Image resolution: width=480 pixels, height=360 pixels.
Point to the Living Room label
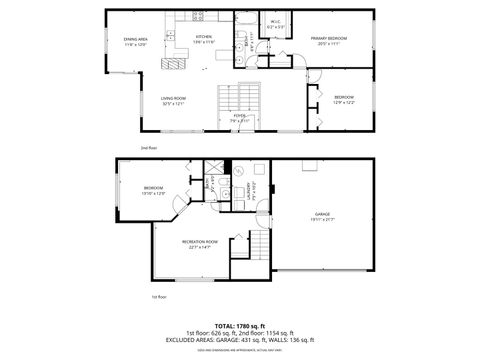point(175,100)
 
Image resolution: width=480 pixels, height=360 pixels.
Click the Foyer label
point(240,118)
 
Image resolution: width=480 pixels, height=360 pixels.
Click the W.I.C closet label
point(275,23)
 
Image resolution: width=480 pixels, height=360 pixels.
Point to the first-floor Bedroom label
point(153,191)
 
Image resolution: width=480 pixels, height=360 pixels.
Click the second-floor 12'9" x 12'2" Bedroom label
point(344,99)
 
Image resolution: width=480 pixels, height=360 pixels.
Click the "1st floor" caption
point(159,297)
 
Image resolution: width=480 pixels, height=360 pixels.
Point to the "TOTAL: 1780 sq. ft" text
point(240,326)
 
